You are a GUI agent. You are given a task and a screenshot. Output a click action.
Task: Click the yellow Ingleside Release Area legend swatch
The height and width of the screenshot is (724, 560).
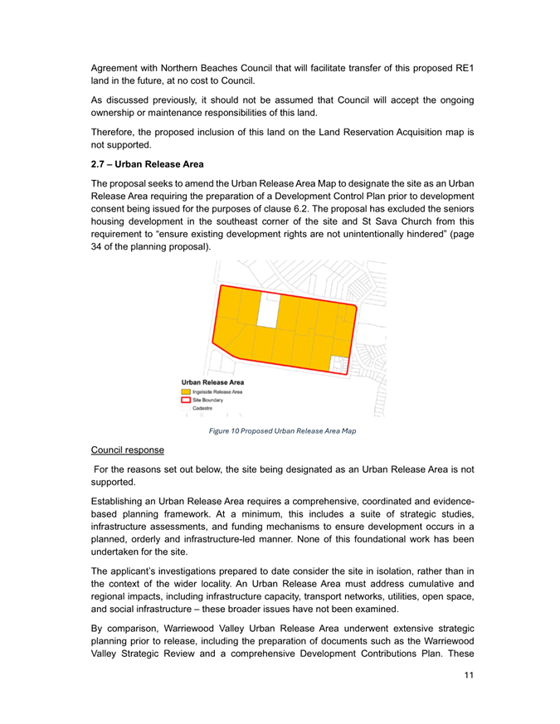(x=187, y=391)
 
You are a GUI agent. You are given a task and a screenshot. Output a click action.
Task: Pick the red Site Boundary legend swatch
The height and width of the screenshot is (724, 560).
(x=187, y=399)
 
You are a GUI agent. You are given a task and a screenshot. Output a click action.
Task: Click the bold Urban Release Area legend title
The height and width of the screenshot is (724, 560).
(x=213, y=381)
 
